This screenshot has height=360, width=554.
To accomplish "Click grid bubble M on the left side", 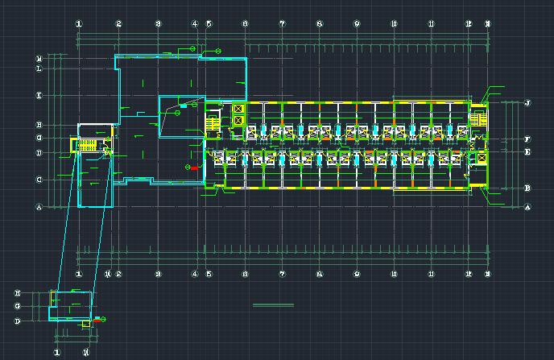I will pyautogui.click(x=39, y=59).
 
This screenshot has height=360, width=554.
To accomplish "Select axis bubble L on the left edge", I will pyautogui.click(x=39, y=69).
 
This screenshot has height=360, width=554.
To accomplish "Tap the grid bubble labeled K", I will pyautogui.click(x=39, y=96).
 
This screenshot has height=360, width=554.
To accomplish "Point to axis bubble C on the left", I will pyautogui.click(x=39, y=180).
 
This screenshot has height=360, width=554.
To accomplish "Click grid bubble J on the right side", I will pyautogui.click(x=527, y=103).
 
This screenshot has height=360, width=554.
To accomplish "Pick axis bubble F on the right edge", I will pyautogui.click(x=527, y=139).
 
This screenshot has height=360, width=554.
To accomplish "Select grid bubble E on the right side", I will pyautogui.click(x=527, y=152).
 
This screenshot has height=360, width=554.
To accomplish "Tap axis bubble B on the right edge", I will pyautogui.click(x=527, y=188).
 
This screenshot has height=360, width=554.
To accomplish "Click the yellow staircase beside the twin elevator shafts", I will pyautogui.click(x=213, y=124).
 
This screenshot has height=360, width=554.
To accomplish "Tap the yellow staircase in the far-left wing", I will pyautogui.click(x=87, y=146).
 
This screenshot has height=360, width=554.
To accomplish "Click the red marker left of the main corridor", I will pyautogui.click(x=193, y=168).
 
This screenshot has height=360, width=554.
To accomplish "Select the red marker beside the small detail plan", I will pyautogui.click(x=97, y=320).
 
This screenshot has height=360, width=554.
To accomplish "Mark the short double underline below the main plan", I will pyautogui.click(x=274, y=305).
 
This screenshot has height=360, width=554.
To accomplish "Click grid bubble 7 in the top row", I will pyautogui.click(x=282, y=24).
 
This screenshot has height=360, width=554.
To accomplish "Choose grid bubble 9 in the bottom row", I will pyautogui.click(x=357, y=274).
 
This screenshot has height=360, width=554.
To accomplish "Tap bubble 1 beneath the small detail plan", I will pyautogui.click(x=57, y=352).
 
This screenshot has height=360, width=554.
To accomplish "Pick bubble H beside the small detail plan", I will pyautogui.click(x=17, y=293).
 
